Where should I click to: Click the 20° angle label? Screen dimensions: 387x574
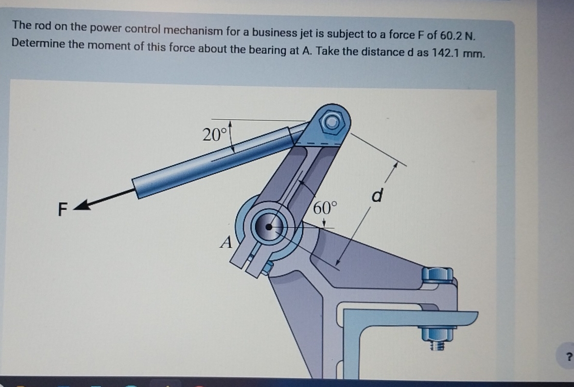(214, 135)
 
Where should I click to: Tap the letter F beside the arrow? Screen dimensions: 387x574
(63, 210)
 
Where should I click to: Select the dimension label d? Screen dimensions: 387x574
(377, 196)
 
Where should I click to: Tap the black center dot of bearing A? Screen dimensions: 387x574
(269, 227)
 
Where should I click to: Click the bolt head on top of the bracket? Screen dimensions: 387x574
(438, 275)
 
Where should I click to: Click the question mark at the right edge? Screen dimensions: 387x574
(569, 356)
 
